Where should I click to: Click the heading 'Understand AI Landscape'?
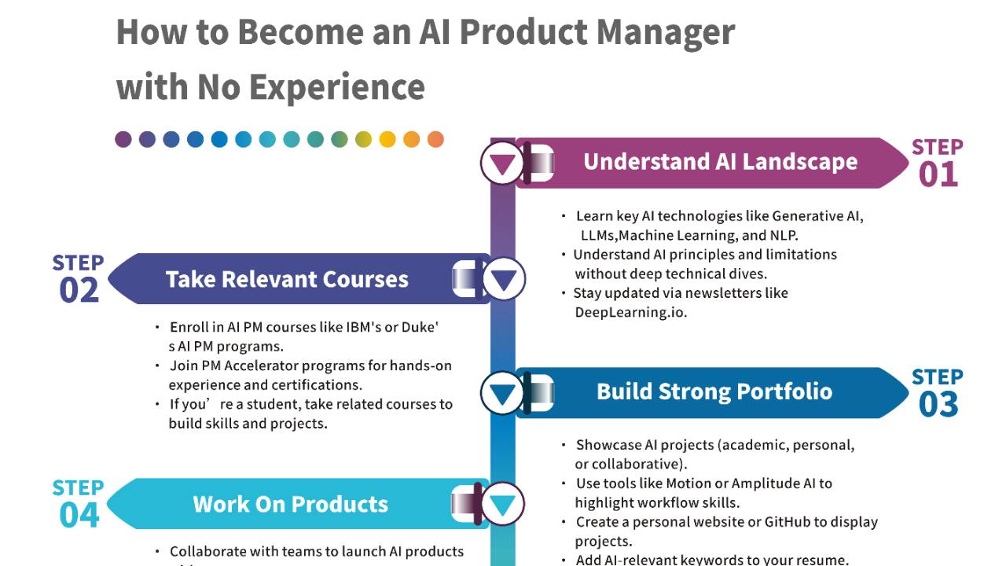click(720, 162)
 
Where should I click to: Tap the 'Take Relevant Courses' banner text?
click(287, 280)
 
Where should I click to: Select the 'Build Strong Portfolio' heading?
click(714, 391)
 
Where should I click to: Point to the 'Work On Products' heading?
click(290, 505)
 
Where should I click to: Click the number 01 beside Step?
click(938, 175)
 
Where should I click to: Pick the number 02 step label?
click(79, 291)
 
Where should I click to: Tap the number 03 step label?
click(938, 405)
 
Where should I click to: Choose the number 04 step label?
click(79, 516)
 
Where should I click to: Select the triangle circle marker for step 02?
click(503, 280)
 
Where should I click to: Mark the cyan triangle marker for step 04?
click(503, 505)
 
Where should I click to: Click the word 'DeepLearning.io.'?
click(630, 312)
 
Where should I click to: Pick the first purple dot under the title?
click(123, 139)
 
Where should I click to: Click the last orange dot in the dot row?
click(435, 139)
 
